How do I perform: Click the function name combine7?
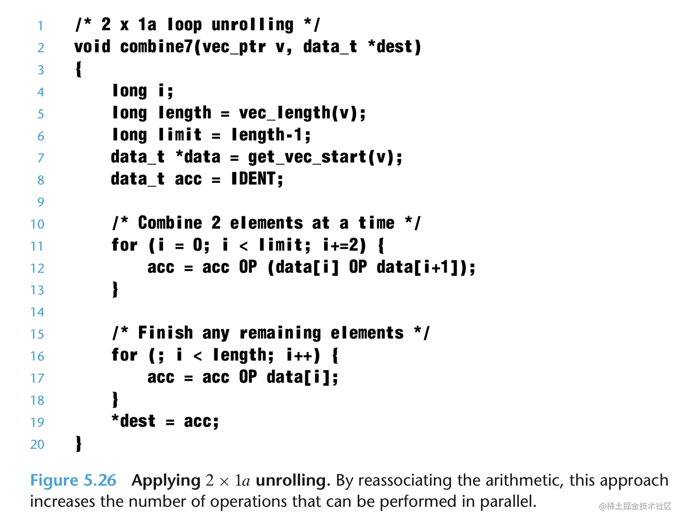(156, 47)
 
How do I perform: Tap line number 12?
(37, 268)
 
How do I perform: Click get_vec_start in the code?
(307, 157)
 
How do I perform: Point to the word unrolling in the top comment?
(252, 24)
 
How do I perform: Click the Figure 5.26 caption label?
(73, 481)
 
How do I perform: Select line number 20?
(37, 444)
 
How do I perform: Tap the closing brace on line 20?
(79, 443)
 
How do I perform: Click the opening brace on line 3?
(79, 69)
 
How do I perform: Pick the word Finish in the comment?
(165, 333)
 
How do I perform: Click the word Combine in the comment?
(170, 223)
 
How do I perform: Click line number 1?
(40, 25)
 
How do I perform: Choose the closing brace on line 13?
(115, 289)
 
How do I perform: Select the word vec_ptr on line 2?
(234, 47)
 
